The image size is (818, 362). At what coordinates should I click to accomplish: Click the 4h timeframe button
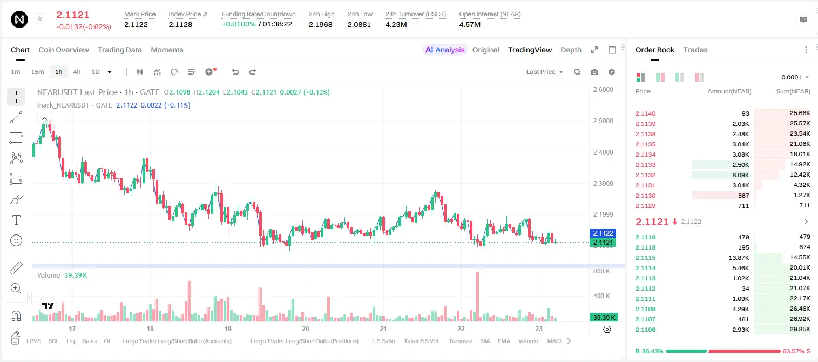(x=77, y=72)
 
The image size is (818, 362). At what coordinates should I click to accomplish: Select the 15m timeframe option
(x=37, y=72)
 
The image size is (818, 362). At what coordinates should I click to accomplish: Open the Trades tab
(x=695, y=50)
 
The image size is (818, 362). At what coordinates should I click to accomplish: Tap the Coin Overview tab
(x=64, y=50)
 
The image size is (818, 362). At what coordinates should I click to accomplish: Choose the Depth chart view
(x=571, y=50)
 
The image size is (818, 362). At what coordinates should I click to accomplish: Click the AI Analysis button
(x=445, y=50)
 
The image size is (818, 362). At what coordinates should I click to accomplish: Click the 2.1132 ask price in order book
(x=645, y=175)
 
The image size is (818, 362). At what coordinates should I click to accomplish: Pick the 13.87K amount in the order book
(x=739, y=258)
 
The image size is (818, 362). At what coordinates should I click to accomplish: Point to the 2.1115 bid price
(x=645, y=258)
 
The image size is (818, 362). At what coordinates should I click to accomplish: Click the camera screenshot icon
(x=594, y=72)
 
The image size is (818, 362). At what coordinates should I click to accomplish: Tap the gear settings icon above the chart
(x=612, y=72)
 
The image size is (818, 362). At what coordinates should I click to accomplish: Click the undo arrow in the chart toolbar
(x=235, y=72)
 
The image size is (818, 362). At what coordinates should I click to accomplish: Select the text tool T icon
(x=16, y=220)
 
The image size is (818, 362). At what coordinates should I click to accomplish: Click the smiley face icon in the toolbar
(x=16, y=240)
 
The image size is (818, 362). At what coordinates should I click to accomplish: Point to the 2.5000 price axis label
(x=603, y=121)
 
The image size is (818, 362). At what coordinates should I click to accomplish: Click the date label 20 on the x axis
(x=305, y=329)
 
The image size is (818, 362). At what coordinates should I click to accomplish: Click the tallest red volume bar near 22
(x=477, y=297)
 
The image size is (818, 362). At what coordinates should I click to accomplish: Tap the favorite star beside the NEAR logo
(x=40, y=18)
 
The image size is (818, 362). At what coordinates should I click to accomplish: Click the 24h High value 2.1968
(x=320, y=24)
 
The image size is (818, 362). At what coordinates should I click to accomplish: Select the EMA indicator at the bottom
(x=504, y=341)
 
